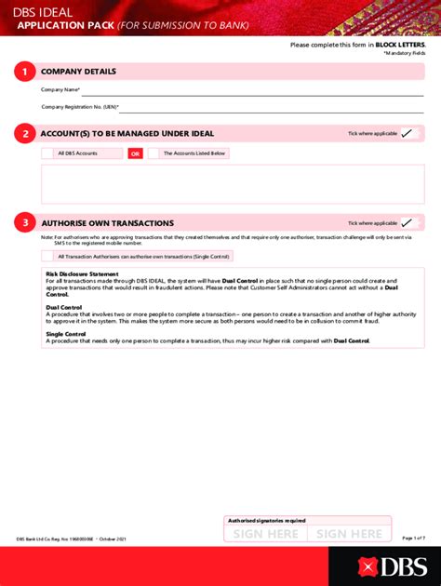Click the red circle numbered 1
25,72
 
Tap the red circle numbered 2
25,134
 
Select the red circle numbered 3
25,223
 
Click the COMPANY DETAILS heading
78,72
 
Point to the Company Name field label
60,90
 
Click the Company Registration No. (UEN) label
79,107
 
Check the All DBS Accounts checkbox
47,153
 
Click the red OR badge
135,153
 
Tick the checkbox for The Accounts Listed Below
154,153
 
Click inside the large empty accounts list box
232,183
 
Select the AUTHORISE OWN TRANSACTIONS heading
107,223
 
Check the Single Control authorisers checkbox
47,256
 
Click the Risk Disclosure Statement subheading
82,273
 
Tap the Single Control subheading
66,334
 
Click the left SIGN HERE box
265,534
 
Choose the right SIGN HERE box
349,534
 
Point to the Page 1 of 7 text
413,539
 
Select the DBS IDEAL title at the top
43,10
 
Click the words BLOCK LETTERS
400,45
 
